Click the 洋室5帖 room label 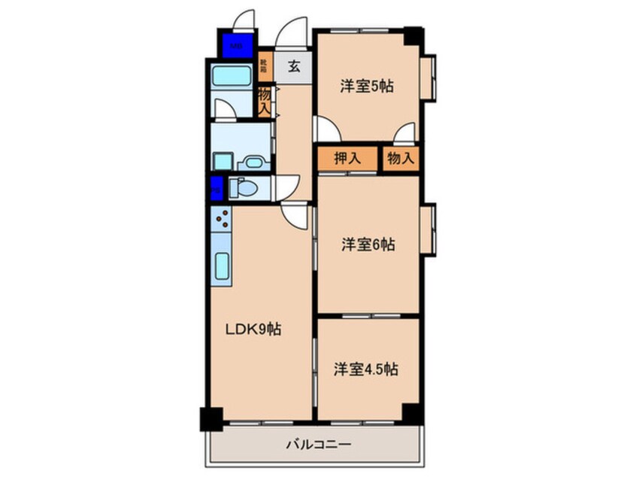(x=366, y=87)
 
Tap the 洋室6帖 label (x=368, y=245)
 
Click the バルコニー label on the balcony (x=317, y=444)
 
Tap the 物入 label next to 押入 (x=400, y=159)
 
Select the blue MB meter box (x=236, y=44)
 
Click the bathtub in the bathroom (x=232, y=76)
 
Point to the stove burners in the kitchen (x=223, y=220)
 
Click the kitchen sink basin (x=223, y=267)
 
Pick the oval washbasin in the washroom (x=251, y=162)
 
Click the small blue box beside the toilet (x=217, y=187)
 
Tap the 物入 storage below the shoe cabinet (x=264, y=101)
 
